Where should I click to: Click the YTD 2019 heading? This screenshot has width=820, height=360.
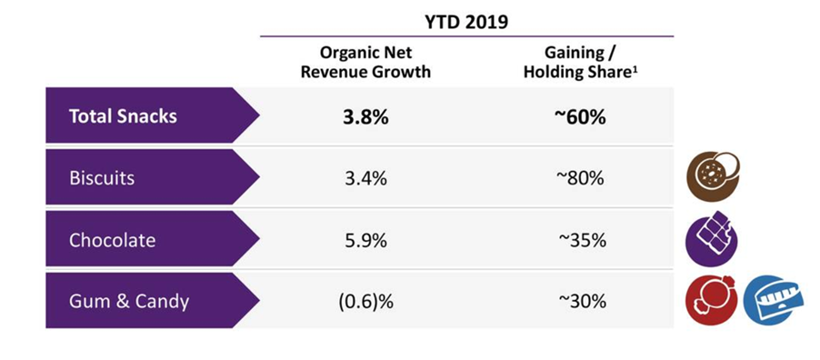[x=465, y=24]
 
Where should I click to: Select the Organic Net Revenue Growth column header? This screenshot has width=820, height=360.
[x=365, y=62]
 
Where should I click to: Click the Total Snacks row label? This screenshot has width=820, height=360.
[x=123, y=116]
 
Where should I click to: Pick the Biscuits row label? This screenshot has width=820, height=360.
[x=102, y=178]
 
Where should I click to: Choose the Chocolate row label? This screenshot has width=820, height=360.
[x=112, y=240]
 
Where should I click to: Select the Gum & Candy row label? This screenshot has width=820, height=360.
[x=129, y=302]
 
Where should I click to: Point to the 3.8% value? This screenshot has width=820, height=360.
[x=365, y=116]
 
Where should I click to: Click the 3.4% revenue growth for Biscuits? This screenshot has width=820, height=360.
[x=365, y=178]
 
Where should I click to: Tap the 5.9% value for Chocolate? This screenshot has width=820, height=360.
[x=365, y=240]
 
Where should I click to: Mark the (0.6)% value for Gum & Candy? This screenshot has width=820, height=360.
[x=365, y=302]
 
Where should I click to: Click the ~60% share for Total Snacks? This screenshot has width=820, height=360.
[x=579, y=116]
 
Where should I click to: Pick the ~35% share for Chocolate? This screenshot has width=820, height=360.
[x=582, y=240]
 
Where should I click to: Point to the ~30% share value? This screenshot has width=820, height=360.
[x=582, y=302]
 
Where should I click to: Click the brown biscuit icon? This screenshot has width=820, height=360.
[x=712, y=177]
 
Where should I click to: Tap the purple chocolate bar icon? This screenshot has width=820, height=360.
[x=711, y=239]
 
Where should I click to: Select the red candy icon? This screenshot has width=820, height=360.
[x=711, y=301]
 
